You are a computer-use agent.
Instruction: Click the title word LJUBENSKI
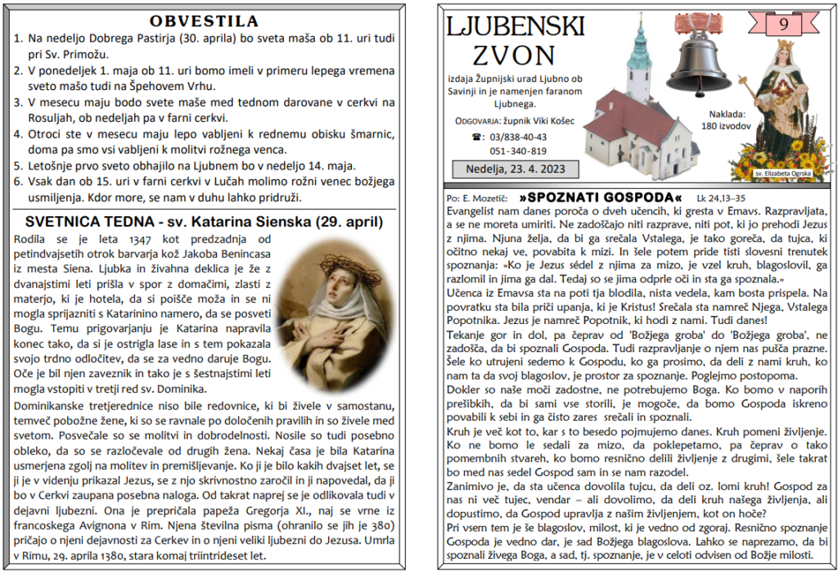[x=515, y=28]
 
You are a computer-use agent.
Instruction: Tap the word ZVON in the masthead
[x=514, y=56]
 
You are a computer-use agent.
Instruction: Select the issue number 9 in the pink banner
[x=783, y=24]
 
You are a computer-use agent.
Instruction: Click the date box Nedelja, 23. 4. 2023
[x=516, y=169]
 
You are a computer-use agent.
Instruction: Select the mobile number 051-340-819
[x=518, y=151]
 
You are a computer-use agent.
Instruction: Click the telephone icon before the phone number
[x=479, y=137]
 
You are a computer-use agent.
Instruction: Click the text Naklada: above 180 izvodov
[x=723, y=115]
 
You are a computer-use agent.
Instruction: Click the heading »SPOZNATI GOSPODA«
[x=601, y=198]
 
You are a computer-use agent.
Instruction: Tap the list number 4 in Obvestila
[x=19, y=135]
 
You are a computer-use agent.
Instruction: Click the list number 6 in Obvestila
[x=19, y=182]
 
